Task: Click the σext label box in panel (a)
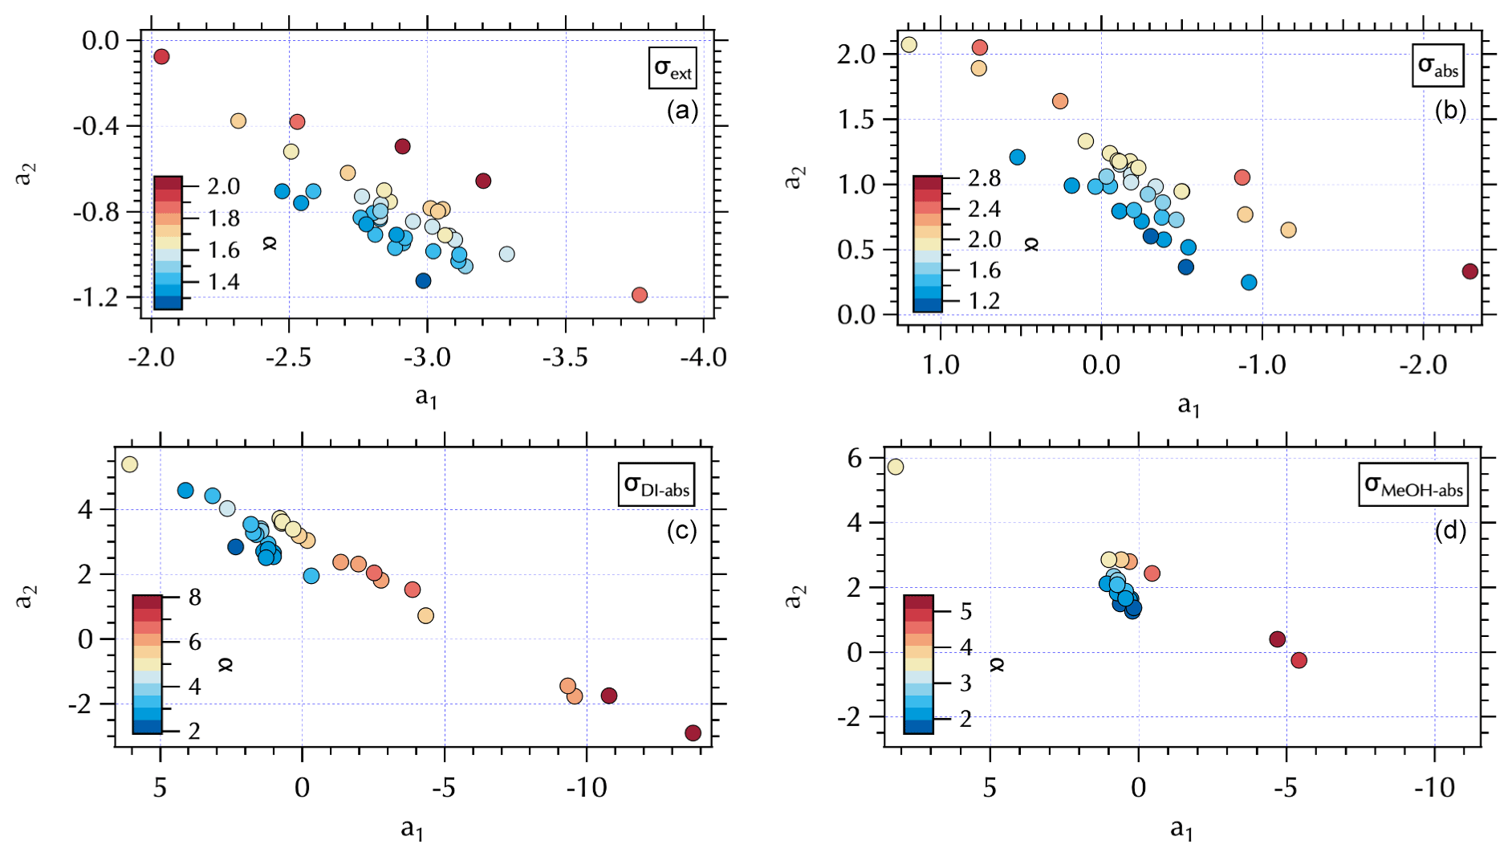pyautogui.click(x=673, y=67)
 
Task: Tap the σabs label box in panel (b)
pyautogui.click(x=1437, y=66)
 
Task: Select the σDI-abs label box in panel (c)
pyautogui.click(x=656, y=484)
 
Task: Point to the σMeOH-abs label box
pyautogui.click(x=1413, y=485)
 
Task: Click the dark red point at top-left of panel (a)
pyautogui.click(x=161, y=56)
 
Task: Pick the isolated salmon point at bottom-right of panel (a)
pyautogui.click(x=640, y=295)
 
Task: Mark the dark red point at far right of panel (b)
pyautogui.click(x=1469, y=271)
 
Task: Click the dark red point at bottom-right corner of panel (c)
pyautogui.click(x=693, y=733)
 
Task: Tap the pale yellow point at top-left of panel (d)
pyautogui.click(x=896, y=467)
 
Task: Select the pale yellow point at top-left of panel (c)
pyautogui.click(x=129, y=464)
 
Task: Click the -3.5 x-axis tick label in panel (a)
pyautogui.click(x=565, y=357)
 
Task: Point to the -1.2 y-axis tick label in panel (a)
pyautogui.click(x=96, y=298)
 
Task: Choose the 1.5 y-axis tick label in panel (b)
pyautogui.click(x=856, y=120)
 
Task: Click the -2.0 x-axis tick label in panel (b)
pyautogui.click(x=1423, y=365)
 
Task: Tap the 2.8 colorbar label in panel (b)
pyautogui.click(x=984, y=178)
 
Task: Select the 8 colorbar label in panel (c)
pyautogui.click(x=194, y=597)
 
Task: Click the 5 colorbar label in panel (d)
pyautogui.click(x=966, y=612)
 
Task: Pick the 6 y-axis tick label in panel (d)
pyautogui.click(x=854, y=459)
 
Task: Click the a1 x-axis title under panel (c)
pyautogui.click(x=412, y=828)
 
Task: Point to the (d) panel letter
pyautogui.click(x=1450, y=531)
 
